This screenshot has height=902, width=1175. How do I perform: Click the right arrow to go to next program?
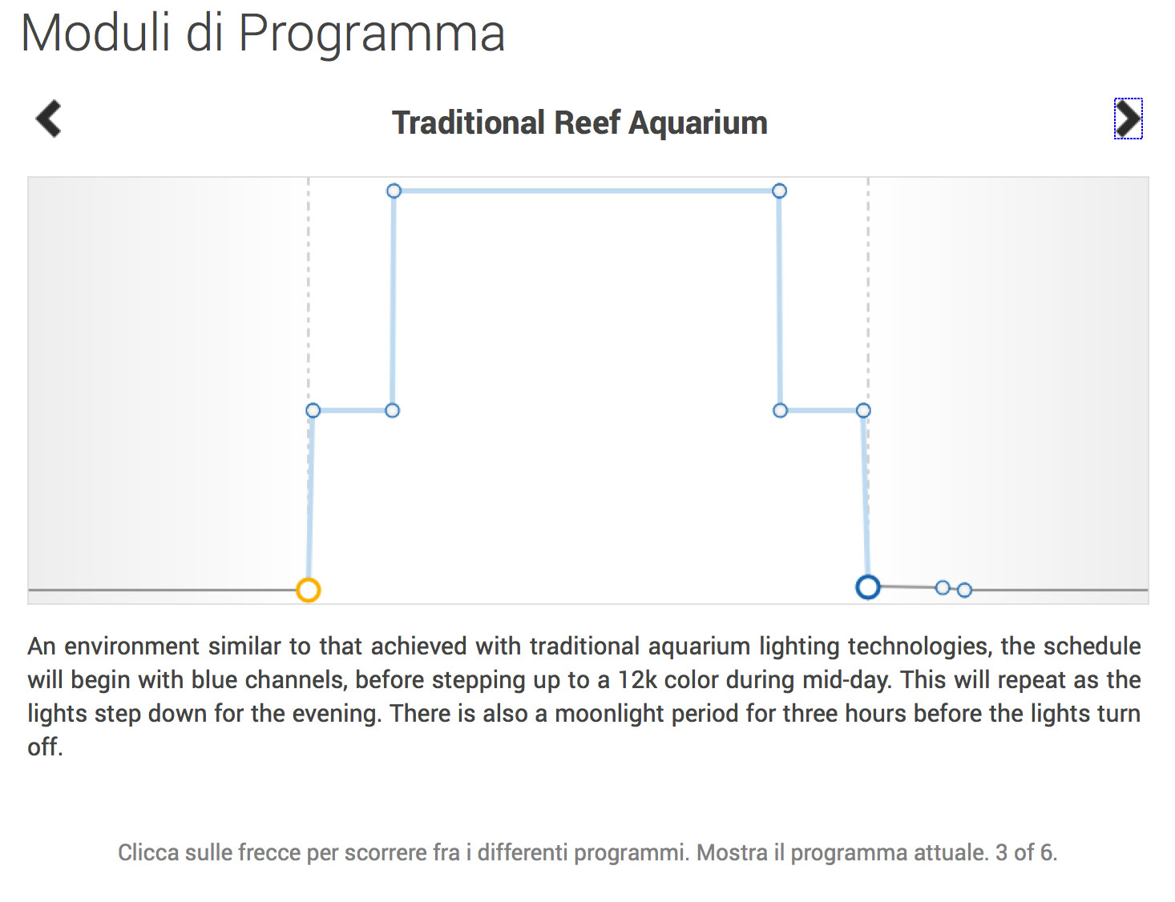click(x=1128, y=119)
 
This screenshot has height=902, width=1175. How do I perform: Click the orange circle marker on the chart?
click(x=309, y=590)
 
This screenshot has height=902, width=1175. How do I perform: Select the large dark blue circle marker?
click(x=868, y=587)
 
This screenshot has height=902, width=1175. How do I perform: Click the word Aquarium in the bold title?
click(x=697, y=123)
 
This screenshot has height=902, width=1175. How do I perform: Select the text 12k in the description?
click(x=637, y=680)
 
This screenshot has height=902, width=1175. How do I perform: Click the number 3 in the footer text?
click(x=1001, y=853)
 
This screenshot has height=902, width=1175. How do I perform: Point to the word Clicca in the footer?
click(x=148, y=853)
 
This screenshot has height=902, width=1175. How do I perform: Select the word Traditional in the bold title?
click(x=468, y=123)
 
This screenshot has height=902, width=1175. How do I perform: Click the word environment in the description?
click(x=131, y=646)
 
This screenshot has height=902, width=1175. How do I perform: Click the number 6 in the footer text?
click(x=1047, y=853)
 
